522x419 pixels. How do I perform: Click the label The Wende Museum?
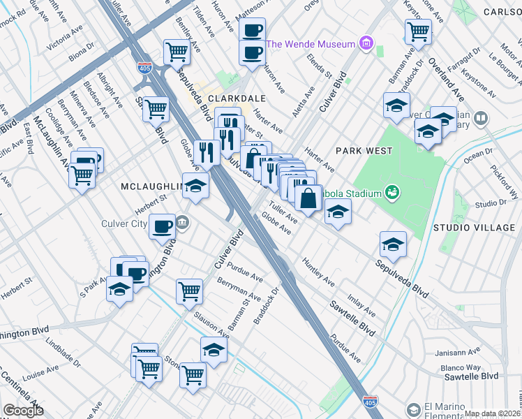(311, 43)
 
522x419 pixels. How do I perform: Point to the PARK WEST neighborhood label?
(363, 151)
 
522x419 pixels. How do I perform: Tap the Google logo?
(23, 411)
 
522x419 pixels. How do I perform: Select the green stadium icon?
(392, 192)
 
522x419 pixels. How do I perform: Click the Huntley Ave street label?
(318, 272)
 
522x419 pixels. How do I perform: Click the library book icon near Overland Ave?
(479, 119)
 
